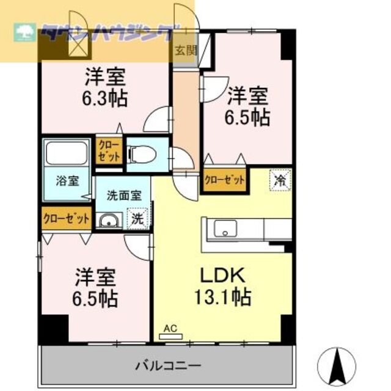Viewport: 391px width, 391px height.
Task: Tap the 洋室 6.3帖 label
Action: coord(106,88)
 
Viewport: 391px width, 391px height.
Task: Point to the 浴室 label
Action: coord(67,181)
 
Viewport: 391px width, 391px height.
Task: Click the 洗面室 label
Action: coord(124,195)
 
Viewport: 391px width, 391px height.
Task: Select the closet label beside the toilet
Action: coord(109,150)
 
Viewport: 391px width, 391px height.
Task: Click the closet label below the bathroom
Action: coord(67,217)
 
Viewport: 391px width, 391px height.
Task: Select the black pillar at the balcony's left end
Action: coord(54,330)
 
